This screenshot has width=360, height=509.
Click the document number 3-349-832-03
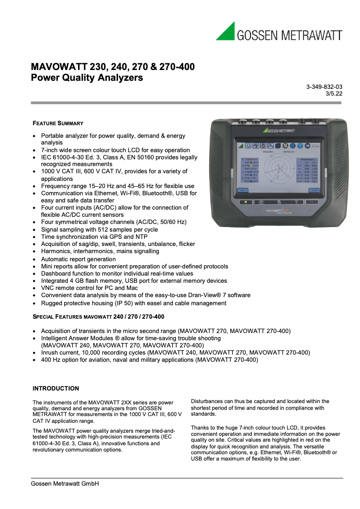[325, 87]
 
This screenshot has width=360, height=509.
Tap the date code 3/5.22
[334, 94]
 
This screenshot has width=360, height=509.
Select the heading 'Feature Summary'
[58, 123]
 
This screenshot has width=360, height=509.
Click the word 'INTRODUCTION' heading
[56, 388]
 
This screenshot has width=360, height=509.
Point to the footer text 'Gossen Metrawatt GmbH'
[65, 483]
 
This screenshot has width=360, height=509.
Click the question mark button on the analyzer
[296, 202]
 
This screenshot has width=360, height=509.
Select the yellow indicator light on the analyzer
[246, 202]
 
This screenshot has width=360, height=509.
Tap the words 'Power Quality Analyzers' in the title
[87, 78]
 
